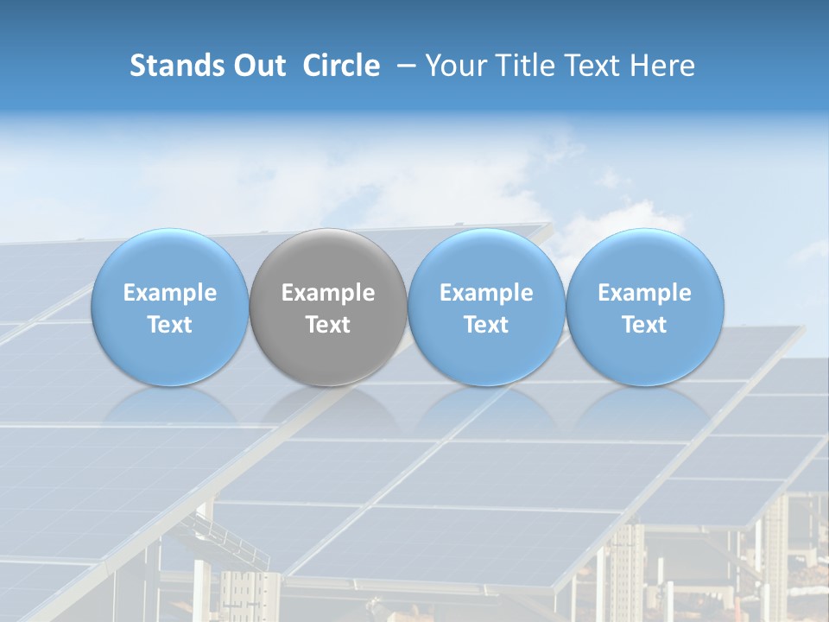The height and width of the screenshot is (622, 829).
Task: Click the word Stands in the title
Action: (176, 66)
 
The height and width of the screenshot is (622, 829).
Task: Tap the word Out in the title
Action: (258, 66)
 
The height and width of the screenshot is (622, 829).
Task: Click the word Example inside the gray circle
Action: (328, 293)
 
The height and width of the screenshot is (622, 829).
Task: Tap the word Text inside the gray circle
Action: (328, 325)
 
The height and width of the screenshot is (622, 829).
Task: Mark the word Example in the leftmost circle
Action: (169, 293)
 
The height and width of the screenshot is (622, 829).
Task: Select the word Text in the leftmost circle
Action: (169, 325)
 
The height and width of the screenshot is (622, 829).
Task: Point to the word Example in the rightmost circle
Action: (645, 293)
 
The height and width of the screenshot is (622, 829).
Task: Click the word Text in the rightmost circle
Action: (645, 325)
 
